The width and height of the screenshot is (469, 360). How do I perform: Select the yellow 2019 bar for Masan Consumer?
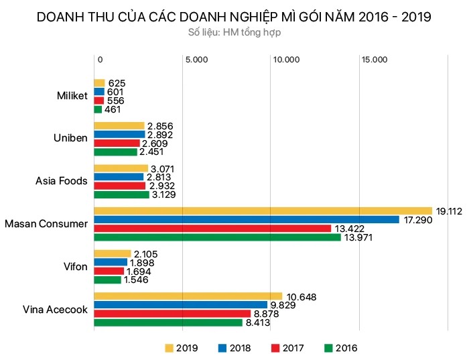click(263, 211)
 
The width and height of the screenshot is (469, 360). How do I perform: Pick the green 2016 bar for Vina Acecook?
click(167, 322)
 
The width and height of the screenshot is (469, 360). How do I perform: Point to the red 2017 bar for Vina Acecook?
click(172, 313)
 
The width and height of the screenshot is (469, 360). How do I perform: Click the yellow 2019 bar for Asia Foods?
click(121, 168)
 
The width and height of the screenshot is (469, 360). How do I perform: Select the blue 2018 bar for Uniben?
click(119, 134)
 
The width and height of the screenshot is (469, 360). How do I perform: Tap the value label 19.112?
click(450, 211)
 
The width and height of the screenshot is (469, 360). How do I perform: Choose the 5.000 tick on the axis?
click(196, 60)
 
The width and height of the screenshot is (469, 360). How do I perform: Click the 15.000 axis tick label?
click(375, 60)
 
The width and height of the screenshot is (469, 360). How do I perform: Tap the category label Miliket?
click(72, 96)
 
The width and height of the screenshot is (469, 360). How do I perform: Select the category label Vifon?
click(75, 266)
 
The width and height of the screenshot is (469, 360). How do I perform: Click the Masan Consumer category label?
click(46, 223)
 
